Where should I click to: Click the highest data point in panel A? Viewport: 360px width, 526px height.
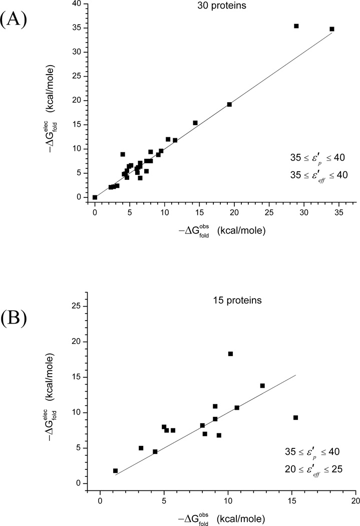tap(296, 26)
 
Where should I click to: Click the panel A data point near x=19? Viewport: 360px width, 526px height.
tap(229, 104)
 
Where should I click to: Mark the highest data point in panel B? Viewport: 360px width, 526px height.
tap(230, 354)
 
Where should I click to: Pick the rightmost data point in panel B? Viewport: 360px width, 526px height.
tap(295, 417)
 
